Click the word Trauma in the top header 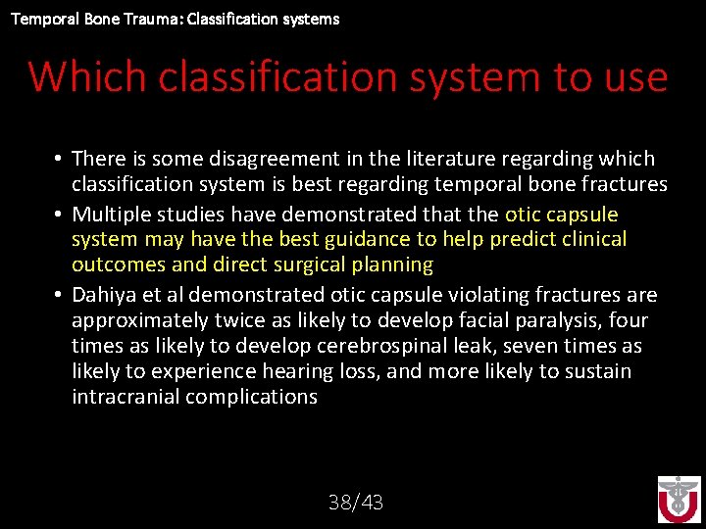click(x=126, y=19)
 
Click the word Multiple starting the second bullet click(x=108, y=214)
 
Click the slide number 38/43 click(x=356, y=503)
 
